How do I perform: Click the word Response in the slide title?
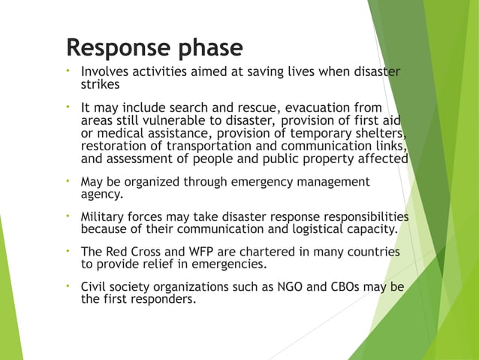(116, 48)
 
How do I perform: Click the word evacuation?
(317, 107)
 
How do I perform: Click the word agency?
(103, 194)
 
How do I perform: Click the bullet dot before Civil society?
(68, 286)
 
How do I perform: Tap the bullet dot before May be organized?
(68, 180)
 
